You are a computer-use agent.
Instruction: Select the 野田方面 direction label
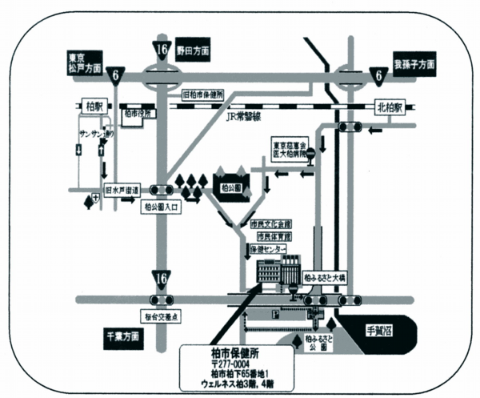pos(192,50)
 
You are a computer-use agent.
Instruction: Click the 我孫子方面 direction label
pos(414,62)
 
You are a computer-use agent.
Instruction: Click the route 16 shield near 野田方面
pos(162,50)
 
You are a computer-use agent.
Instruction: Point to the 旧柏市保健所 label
pos(207,95)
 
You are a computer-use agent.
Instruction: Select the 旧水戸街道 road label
pos(122,191)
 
